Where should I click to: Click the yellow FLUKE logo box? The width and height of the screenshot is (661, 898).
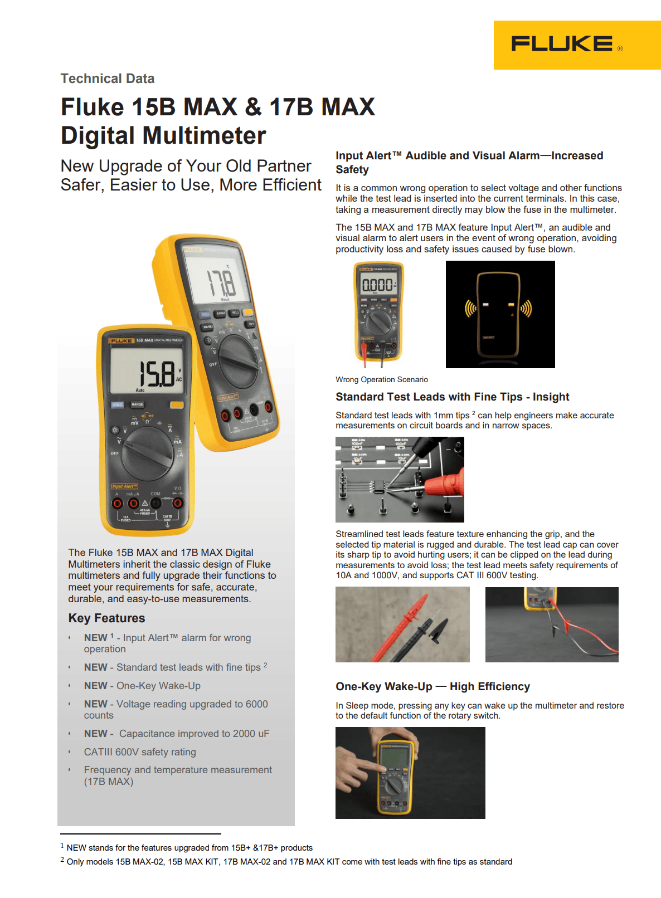(x=577, y=45)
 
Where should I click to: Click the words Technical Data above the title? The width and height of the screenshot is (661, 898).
(x=108, y=79)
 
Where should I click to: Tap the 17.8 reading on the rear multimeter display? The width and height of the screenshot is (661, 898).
(x=221, y=283)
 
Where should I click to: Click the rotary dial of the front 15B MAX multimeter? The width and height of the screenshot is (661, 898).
(x=147, y=454)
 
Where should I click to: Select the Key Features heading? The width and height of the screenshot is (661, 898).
(x=106, y=618)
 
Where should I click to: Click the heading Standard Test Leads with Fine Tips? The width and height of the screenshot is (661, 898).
(x=452, y=397)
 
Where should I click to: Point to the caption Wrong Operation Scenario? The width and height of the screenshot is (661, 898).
(x=382, y=379)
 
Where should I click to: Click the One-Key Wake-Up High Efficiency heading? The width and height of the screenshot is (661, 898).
(x=432, y=686)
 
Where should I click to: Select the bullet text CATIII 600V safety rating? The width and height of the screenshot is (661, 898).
(x=140, y=752)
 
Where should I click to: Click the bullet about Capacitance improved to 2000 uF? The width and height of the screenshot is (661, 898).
(x=177, y=734)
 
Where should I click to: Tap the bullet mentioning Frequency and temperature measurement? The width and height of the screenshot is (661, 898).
(x=178, y=770)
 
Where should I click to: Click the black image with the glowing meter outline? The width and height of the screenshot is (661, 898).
(x=500, y=314)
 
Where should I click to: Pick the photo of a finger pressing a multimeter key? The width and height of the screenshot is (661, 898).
(x=410, y=773)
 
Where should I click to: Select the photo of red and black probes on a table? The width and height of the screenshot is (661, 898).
(x=402, y=624)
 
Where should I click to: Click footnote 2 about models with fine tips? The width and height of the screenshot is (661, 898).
(x=289, y=862)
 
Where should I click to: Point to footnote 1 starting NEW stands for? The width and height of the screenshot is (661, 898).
(x=189, y=848)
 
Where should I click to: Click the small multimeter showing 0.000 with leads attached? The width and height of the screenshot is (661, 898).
(x=379, y=312)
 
